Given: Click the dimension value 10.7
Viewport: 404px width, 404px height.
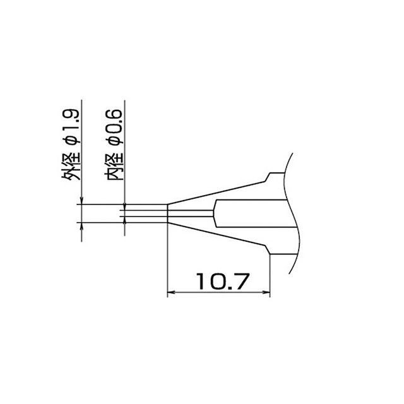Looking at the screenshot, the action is (x=223, y=281).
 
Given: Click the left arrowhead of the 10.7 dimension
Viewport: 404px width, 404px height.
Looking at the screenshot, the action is (x=171, y=292).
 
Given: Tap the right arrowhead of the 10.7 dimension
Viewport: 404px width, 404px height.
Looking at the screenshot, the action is (x=266, y=292).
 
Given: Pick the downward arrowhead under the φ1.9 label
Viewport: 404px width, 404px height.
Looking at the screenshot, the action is (x=81, y=201).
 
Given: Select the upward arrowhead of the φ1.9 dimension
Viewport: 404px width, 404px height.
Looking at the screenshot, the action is (x=81, y=226).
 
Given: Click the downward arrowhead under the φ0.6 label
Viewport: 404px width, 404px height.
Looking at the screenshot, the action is (x=125, y=207).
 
